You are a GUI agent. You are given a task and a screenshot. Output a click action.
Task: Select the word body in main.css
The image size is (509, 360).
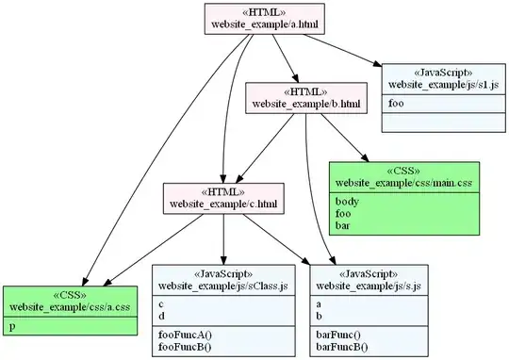click(x=346, y=200)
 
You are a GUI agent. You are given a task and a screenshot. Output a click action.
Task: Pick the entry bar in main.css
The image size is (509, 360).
click(x=343, y=226)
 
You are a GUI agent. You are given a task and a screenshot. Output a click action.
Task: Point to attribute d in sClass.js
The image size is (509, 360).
click(x=161, y=316)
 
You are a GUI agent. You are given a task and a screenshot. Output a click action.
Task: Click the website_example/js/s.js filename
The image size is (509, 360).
click(x=368, y=285)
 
